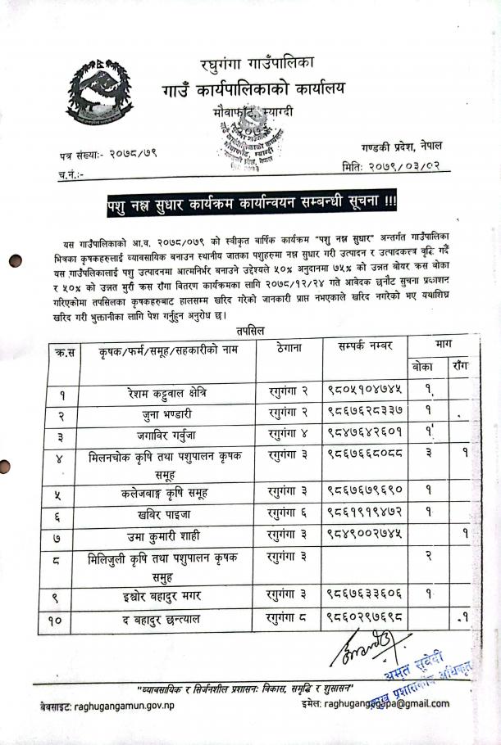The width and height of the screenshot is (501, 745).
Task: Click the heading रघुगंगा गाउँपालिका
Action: point(252,61)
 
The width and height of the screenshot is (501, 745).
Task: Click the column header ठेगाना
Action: point(286,349)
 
